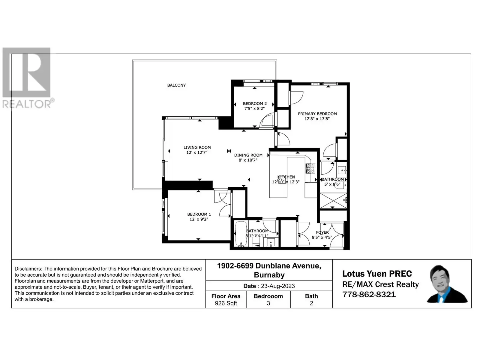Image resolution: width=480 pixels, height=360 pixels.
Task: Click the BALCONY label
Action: tap(176, 85)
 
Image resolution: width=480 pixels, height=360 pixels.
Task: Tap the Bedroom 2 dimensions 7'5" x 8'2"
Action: tap(254, 108)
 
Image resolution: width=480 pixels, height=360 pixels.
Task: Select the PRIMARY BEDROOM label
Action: tap(317, 114)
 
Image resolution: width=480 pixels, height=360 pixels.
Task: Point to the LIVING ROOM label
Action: tap(197, 148)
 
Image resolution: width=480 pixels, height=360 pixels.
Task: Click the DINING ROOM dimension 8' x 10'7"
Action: tap(248, 160)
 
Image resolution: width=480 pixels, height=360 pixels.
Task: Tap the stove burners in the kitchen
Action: tap(310, 169)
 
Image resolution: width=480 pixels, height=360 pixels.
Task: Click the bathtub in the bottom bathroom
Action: tap(241, 234)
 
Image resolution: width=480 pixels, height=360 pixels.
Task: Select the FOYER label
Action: tap(322, 232)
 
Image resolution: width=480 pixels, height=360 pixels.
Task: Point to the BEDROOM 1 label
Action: tap(199, 214)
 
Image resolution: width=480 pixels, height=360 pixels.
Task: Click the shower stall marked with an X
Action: tap(333, 201)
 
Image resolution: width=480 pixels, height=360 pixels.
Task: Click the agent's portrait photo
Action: tap(447, 284)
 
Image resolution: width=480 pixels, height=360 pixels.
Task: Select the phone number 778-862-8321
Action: tap(369, 294)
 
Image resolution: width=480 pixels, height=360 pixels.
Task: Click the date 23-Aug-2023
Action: tap(278, 286)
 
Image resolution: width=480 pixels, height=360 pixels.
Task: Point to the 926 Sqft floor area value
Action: tap(226, 303)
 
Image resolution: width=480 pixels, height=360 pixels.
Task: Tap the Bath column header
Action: tap(311, 296)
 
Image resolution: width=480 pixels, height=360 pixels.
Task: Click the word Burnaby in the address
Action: tap(269, 275)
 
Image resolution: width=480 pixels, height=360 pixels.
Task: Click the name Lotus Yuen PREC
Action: tap(377, 274)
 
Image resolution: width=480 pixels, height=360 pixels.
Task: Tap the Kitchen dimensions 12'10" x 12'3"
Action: tap(286, 182)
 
